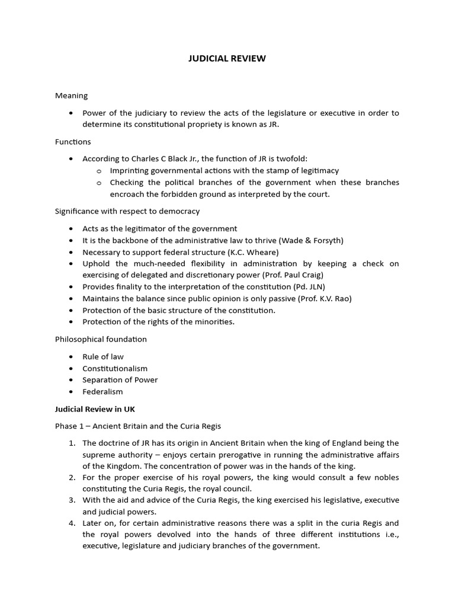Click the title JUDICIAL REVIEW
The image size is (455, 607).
227,58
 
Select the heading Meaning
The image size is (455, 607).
71,95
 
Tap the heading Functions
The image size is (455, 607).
73,142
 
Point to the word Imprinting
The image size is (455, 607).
130,171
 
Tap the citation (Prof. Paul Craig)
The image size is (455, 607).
291,275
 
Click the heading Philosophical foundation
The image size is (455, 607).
101,339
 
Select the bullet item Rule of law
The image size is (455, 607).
103,356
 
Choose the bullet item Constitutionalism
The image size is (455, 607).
115,368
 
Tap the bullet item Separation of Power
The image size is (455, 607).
120,380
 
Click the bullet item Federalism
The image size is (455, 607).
102,392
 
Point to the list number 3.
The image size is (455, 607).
71,501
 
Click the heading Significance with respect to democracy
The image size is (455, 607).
127,211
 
